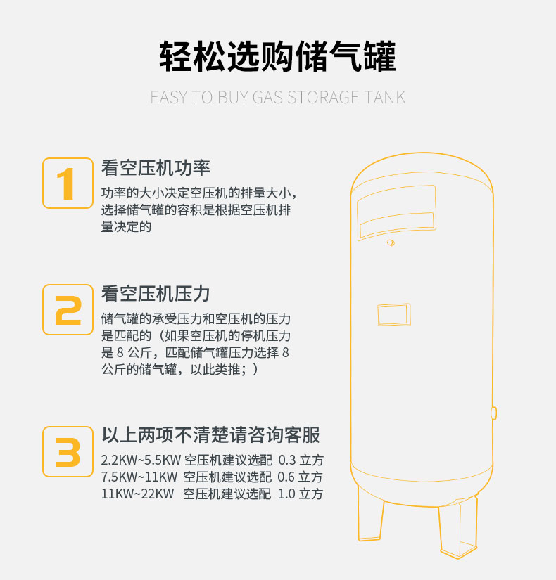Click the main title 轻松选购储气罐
[277, 57]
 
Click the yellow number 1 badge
[68, 183]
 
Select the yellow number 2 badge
[68, 310]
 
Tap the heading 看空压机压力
[156, 294]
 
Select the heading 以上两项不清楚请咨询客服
[211, 435]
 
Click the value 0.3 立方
[301, 461]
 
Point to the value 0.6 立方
[301, 477]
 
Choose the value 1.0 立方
[301, 494]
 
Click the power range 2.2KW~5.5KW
[140, 461]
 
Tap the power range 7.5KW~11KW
[139, 477]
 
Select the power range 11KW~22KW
[137, 494]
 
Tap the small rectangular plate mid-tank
[394, 314]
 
